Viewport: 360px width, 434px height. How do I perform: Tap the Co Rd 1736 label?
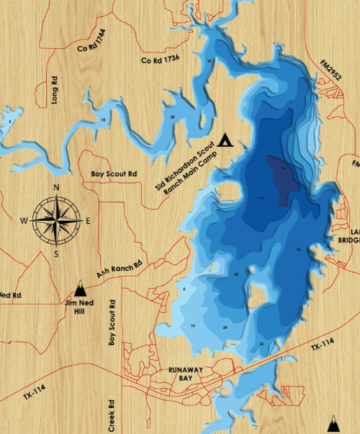[161, 60]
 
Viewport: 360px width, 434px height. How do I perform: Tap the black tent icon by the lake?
[224, 140]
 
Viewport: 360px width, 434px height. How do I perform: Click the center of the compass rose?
[56, 220]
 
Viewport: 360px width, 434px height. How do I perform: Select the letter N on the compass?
[56, 188]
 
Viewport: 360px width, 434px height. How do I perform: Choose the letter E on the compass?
[88, 221]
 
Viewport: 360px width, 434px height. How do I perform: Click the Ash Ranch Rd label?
[119, 270]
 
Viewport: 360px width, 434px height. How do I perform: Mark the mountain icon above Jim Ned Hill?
[80, 287]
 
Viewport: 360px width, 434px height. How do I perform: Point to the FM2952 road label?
[331, 69]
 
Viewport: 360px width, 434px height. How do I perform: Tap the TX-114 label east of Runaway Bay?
[322, 346]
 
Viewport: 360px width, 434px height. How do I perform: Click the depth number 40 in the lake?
[237, 275]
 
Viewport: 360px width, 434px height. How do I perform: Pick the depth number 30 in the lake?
[261, 344]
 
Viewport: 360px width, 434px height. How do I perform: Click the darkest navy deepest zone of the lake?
[282, 178]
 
